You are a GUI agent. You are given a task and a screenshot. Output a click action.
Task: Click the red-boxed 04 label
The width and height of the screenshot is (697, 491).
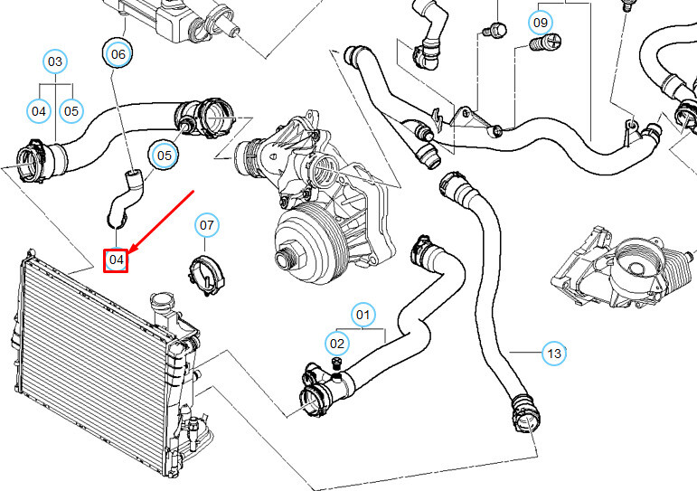click(x=116, y=260)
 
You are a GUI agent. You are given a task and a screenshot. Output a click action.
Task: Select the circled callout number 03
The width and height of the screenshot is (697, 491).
click(x=55, y=61)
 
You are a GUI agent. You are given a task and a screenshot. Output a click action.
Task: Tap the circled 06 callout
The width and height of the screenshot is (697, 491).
click(x=118, y=54)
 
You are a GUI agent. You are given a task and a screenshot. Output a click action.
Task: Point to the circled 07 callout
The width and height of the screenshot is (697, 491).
click(x=206, y=224)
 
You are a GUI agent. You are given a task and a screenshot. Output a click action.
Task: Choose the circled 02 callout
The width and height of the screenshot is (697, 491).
click(x=336, y=343)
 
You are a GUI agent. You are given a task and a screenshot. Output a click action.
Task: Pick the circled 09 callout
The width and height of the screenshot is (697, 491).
click(x=540, y=20)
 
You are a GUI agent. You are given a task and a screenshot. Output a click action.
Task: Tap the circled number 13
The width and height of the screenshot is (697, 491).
click(x=553, y=353)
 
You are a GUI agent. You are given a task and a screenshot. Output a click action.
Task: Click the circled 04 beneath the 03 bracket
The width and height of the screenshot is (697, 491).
click(x=39, y=111)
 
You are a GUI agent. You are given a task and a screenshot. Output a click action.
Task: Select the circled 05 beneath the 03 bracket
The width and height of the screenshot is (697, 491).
click(x=71, y=111)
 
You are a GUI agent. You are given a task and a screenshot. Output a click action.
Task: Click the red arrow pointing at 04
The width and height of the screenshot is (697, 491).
click(x=163, y=222)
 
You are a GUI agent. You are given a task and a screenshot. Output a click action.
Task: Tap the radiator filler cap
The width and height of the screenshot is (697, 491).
click(x=164, y=300)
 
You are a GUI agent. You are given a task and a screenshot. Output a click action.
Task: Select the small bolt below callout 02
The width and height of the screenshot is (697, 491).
click(x=336, y=363)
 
